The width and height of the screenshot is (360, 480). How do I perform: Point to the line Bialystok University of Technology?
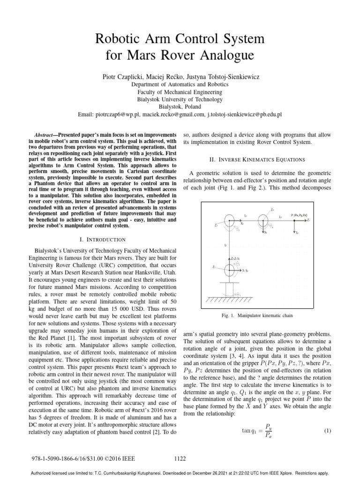click(x=180, y=99)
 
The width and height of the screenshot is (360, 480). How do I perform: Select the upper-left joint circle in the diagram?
click(x=228, y=220)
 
